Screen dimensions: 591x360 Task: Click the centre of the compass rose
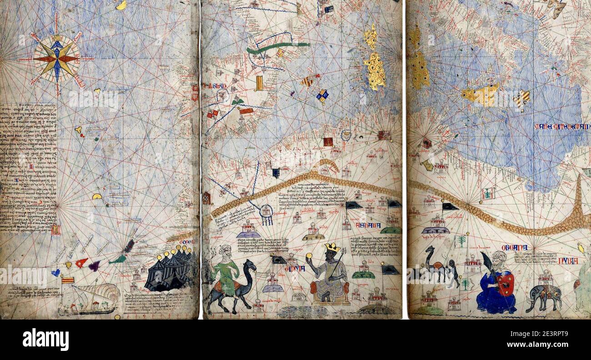(56, 59)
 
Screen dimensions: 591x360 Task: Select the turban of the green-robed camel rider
(225, 249)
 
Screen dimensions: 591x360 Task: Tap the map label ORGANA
(514, 248)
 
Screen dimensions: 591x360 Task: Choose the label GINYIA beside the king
(294, 269)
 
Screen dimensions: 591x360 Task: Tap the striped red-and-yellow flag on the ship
(68, 280)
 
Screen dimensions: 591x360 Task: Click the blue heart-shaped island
(55, 273)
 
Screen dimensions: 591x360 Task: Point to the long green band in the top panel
(277, 47)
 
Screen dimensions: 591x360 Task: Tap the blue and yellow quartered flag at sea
(323, 95)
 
